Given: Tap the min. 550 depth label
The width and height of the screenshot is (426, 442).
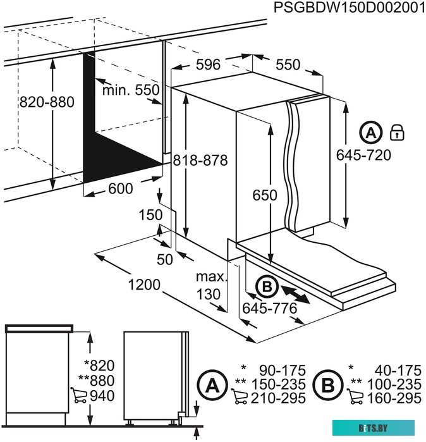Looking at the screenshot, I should (131, 90).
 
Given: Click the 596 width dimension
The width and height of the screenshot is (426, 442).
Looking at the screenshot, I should (207, 64).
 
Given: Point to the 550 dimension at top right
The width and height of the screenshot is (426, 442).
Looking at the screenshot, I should (288, 64).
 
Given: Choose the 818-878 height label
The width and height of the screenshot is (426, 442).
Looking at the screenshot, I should (202, 161).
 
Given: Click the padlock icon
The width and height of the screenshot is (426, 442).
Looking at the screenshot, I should (397, 132).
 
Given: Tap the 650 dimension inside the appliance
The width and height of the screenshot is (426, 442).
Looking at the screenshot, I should (264, 195).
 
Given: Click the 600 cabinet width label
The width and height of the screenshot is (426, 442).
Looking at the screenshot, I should (120, 188).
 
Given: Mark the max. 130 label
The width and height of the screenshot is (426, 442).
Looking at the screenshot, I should (210, 285).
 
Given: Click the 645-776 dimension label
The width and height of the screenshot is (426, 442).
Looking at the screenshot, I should (269, 309).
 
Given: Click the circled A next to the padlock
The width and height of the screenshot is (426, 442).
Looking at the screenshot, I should (371, 132).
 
